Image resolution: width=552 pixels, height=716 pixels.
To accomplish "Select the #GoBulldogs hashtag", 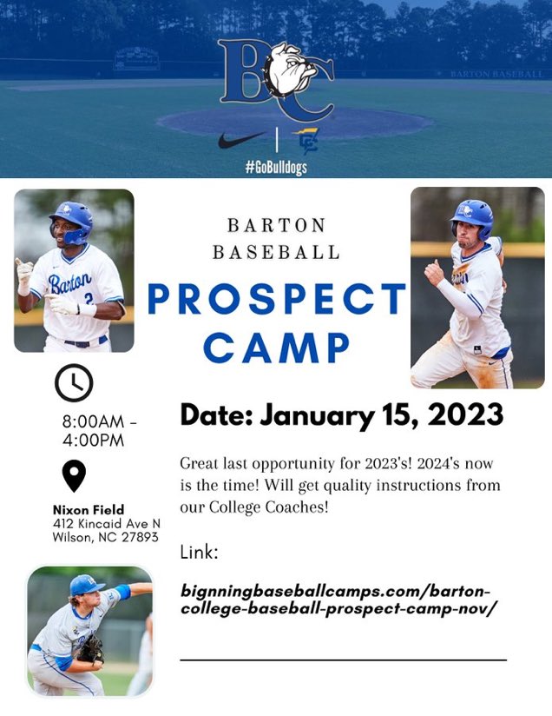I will (276, 166).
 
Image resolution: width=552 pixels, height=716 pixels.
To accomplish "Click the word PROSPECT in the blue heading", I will (277, 299).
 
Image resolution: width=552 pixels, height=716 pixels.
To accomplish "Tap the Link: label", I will (199, 552).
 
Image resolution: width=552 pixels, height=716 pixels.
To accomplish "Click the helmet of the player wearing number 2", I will (71, 220).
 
